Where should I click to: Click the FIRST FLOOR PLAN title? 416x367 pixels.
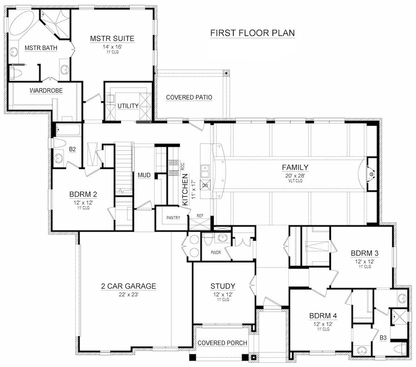(252, 33)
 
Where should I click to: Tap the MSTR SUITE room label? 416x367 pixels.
(112, 38)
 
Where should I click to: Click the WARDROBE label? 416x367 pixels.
(46, 91)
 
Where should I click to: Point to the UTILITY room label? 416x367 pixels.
(128, 106)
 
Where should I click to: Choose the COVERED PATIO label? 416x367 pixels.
(189, 97)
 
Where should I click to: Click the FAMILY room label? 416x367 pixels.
(295, 167)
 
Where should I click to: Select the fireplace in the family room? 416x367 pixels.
(371, 174)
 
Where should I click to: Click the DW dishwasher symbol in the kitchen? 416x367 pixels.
(205, 185)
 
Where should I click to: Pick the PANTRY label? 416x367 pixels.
(173, 218)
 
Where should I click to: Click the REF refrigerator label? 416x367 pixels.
(200, 216)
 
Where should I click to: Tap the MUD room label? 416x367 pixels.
(144, 175)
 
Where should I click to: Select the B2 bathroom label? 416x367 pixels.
(72, 149)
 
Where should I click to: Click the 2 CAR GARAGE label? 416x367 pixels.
(128, 286)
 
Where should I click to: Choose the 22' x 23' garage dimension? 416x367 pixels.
(128, 294)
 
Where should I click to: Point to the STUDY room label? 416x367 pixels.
(223, 286)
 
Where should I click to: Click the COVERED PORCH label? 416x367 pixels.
(222, 343)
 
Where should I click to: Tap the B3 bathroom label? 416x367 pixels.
(383, 337)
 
